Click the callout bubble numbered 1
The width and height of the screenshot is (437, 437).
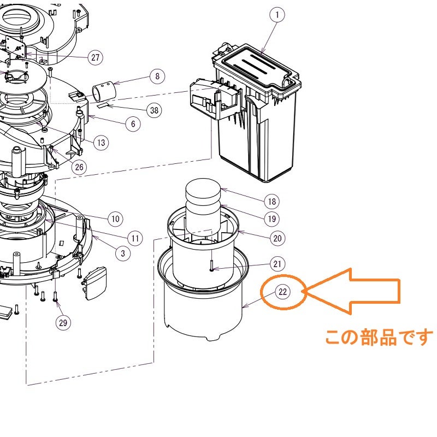click(x=277, y=16)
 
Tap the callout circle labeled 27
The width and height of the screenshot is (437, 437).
click(x=96, y=57)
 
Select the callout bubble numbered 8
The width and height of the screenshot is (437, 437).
click(x=157, y=76)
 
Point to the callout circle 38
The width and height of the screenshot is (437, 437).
click(x=155, y=110)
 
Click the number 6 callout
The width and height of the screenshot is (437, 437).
click(x=133, y=124)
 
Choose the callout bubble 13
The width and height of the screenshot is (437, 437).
click(x=101, y=143)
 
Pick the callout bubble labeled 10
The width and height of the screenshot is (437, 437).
click(x=115, y=220)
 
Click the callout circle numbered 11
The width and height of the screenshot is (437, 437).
click(x=135, y=238)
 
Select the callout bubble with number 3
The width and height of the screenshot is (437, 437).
click(x=122, y=253)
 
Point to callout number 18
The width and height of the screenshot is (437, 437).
click(x=271, y=202)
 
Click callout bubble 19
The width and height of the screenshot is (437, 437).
click(x=271, y=220)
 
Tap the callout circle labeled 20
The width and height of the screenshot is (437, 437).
click(x=277, y=238)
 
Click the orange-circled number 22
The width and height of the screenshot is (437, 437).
click(x=282, y=292)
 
